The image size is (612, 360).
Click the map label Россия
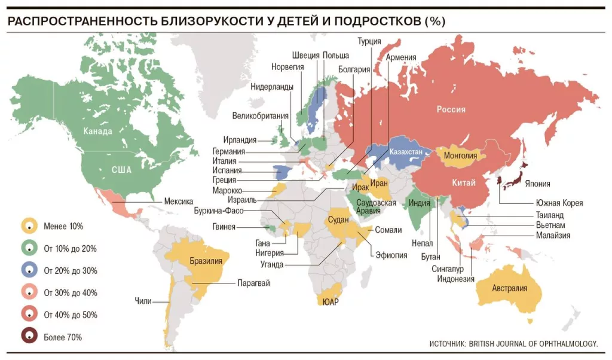point(451,109)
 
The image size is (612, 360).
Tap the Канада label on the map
point(97,132)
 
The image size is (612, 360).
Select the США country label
point(121,170)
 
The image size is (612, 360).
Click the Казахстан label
point(406,152)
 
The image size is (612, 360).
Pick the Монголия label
point(460,156)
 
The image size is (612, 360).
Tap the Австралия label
point(510,288)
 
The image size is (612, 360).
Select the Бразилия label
point(206,261)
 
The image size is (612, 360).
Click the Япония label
point(538,184)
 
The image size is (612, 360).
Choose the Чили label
point(143,301)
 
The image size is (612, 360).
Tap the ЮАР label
point(330,302)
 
